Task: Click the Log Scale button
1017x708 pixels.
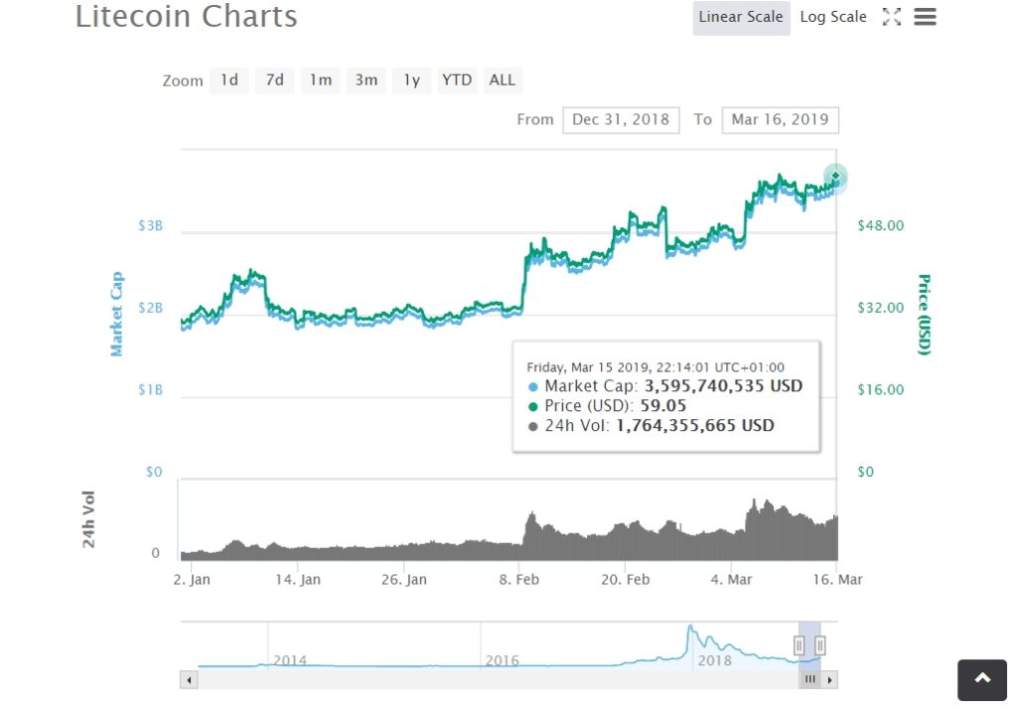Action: point(832,17)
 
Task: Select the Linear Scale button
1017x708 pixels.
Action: point(741,17)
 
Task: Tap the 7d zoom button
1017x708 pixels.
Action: point(274,80)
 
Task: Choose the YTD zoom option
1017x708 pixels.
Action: point(457,80)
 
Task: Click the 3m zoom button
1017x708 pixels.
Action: point(366,80)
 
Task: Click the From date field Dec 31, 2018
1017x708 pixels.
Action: point(621,119)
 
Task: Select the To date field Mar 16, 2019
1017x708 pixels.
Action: point(780,119)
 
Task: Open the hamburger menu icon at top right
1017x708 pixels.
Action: point(925,17)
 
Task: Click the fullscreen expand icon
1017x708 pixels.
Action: point(891,17)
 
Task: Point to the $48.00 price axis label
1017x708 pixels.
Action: point(880,225)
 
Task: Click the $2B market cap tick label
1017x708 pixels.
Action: point(150,308)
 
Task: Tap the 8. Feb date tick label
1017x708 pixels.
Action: point(518,580)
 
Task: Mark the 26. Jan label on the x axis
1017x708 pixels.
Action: point(404,580)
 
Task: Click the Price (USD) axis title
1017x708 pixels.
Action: point(924,314)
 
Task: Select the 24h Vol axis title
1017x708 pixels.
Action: point(89,519)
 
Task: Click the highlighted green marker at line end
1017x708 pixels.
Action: point(835,177)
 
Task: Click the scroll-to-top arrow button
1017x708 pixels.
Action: point(982,679)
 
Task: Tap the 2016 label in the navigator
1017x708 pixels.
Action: point(502,660)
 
